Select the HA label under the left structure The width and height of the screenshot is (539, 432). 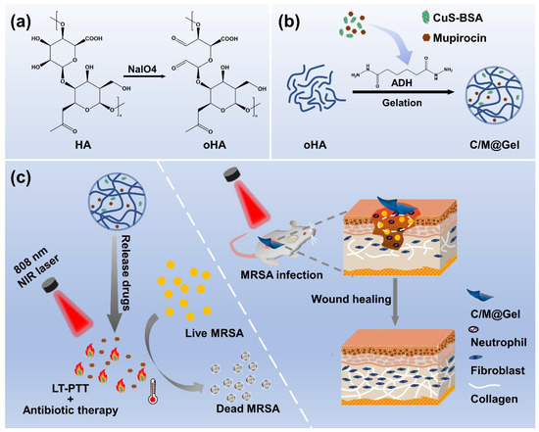(x=67, y=150)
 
